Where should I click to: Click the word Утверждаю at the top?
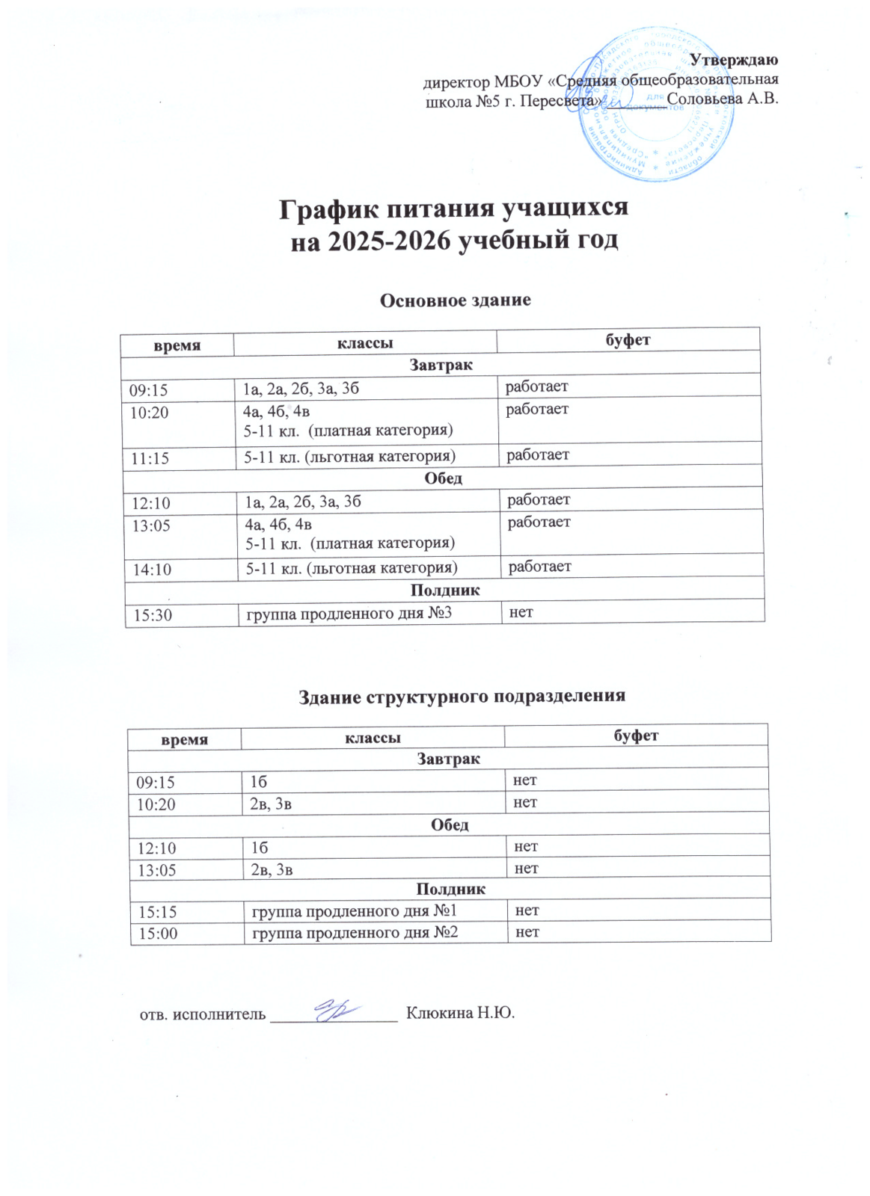(x=733, y=60)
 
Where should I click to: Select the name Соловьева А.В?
(x=722, y=99)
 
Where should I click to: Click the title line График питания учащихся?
(x=453, y=209)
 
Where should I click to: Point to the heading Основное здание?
(x=455, y=300)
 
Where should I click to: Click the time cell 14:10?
(x=152, y=570)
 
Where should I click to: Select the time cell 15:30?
(x=153, y=616)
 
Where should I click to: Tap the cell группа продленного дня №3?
(x=349, y=614)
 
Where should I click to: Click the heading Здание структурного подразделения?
(x=462, y=697)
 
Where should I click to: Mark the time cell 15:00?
(x=157, y=934)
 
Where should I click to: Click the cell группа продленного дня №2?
(x=355, y=933)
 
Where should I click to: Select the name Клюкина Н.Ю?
(x=460, y=1014)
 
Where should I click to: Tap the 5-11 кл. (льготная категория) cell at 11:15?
(x=349, y=457)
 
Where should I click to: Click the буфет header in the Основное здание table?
(x=628, y=340)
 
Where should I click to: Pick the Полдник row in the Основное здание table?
(x=444, y=591)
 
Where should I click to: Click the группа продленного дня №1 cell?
(x=354, y=911)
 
